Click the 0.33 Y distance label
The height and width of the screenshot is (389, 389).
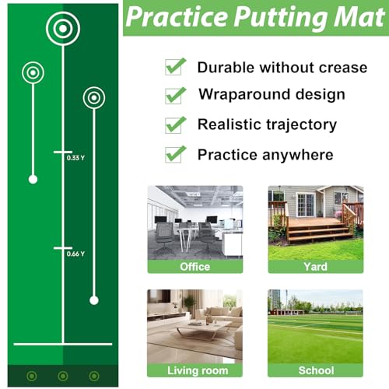pos(75,158)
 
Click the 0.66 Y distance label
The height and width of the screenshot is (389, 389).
pos(75,254)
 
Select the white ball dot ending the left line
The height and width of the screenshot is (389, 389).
pos(33,179)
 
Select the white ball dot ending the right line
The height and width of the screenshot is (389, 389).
pos(94,300)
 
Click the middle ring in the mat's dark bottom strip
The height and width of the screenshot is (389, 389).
pos(63,376)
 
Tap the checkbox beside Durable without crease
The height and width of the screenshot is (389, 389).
pos(175,66)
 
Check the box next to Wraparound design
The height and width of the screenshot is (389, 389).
pos(175,96)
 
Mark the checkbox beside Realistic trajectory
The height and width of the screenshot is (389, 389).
pos(175,125)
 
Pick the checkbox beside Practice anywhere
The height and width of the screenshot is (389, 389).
pos(175,154)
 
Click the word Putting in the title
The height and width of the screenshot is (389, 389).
pos(281,18)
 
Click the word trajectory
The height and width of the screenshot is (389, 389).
pos(302,125)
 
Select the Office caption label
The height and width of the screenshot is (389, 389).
pos(195,267)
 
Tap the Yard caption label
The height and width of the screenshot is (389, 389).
pos(315,267)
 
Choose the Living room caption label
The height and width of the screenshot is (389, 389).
pos(198,370)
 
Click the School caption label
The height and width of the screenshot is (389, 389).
pos(316,370)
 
